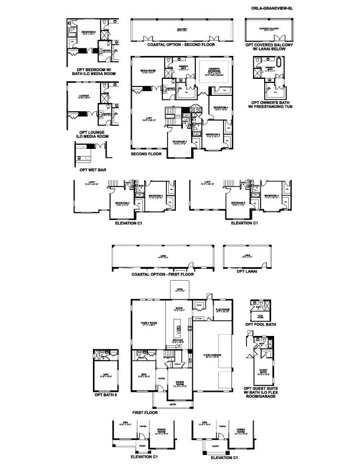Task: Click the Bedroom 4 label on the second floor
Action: (x=220, y=108)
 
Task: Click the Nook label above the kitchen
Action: (x=179, y=308)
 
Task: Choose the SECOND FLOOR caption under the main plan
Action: (x=146, y=154)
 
